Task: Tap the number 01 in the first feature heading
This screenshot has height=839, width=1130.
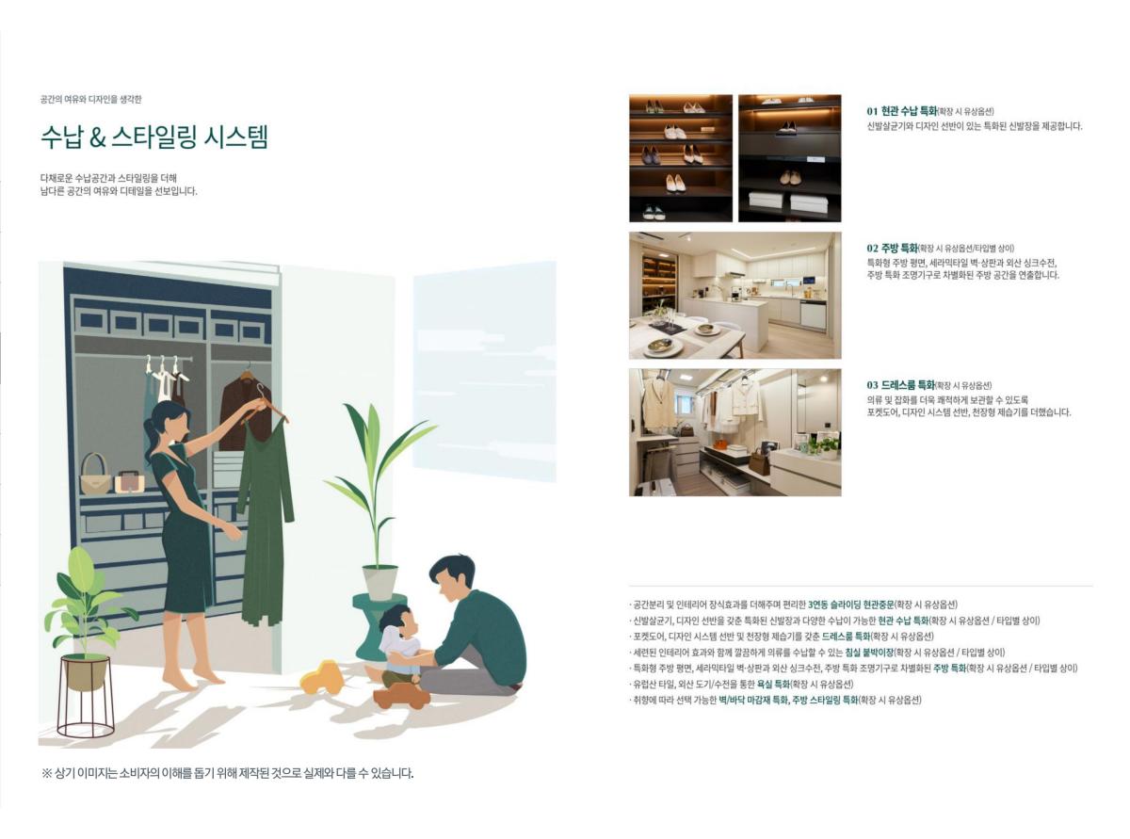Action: point(872,111)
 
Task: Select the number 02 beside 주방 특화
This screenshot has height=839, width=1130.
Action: point(873,249)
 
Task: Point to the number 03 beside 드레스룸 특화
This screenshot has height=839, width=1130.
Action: point(873,385)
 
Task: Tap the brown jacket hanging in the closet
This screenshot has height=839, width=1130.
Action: point(246,412)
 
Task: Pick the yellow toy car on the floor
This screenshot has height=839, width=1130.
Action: point(321,678)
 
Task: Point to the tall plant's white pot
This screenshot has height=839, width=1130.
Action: point(380,582)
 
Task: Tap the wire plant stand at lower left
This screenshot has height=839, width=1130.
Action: point(85,698)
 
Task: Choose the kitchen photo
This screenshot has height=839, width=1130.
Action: point(735,296)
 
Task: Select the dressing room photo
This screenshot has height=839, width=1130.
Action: point(735,432)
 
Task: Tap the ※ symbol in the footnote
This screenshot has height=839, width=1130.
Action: point(46,774)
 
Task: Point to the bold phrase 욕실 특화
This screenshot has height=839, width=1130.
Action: point(773,685)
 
